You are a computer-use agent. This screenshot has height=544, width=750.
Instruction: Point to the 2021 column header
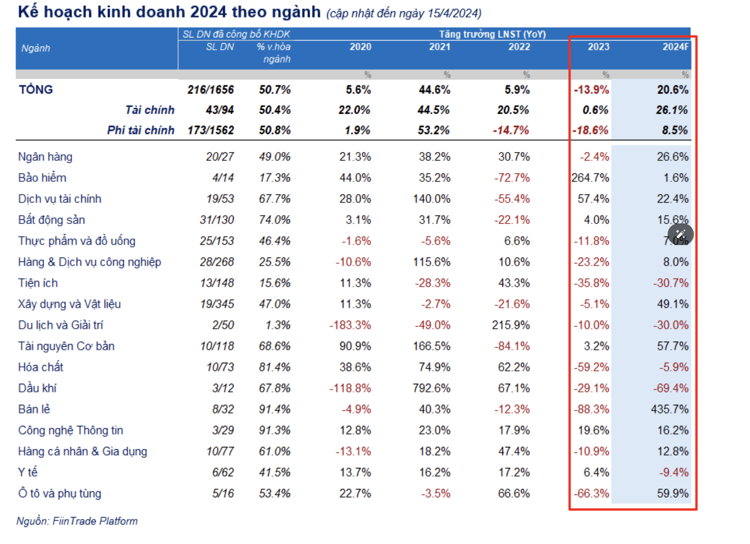tap(440, 47)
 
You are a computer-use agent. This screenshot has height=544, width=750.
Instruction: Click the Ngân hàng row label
tap(46, 157)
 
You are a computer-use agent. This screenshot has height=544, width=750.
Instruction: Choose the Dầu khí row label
tap(37, 388)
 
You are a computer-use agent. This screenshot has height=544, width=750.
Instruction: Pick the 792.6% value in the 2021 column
tap(432, 388)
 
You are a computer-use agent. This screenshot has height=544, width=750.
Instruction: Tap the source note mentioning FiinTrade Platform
tap(77, 521)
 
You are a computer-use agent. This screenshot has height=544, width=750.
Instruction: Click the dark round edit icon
tap(680, 235)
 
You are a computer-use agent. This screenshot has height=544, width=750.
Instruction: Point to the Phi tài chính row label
tap(141, 130)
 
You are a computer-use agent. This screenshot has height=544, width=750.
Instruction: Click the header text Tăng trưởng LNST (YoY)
tap(492, 35)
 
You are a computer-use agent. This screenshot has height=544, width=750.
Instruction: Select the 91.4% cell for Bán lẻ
tap(275, 409)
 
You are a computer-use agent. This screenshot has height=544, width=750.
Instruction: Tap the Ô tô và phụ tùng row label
tap(60, 494)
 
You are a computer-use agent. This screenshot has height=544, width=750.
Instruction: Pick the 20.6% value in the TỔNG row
tap(672, 90)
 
